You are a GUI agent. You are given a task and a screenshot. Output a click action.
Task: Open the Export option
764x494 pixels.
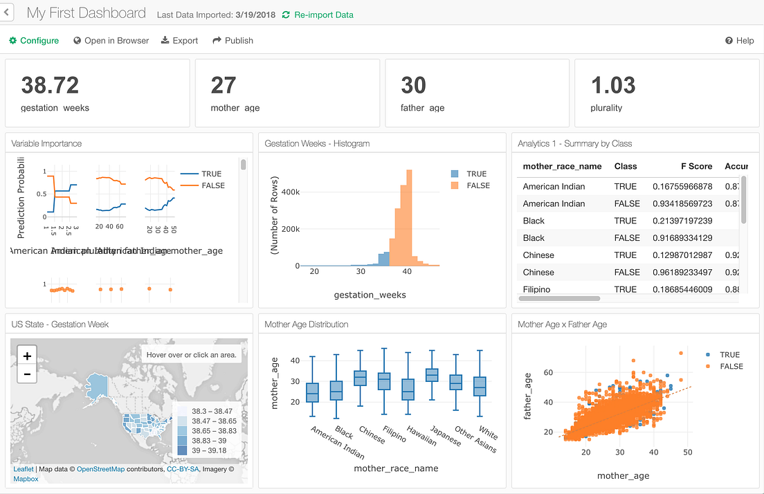click(179, 41)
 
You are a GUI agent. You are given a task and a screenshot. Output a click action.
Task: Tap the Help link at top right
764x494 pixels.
click(739, 41)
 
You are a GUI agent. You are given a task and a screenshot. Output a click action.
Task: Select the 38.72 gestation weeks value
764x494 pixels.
click(50, 86)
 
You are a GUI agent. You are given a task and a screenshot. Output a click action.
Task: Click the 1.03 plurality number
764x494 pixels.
click(613, 86)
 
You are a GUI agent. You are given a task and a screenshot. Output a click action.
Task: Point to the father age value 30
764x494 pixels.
click(413, 86)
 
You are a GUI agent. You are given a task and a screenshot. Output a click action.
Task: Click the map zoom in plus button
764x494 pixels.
click(27, 356)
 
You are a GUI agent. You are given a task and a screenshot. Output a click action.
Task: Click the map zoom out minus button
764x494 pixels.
click(27, 374)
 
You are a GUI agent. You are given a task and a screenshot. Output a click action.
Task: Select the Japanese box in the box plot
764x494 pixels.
click(432, 375)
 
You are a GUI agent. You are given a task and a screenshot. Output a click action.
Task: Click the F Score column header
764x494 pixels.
click(695, 167)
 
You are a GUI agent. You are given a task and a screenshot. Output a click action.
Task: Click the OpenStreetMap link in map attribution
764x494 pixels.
click(100, 469)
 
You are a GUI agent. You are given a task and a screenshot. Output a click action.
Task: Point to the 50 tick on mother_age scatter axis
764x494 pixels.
click(687, 452)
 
